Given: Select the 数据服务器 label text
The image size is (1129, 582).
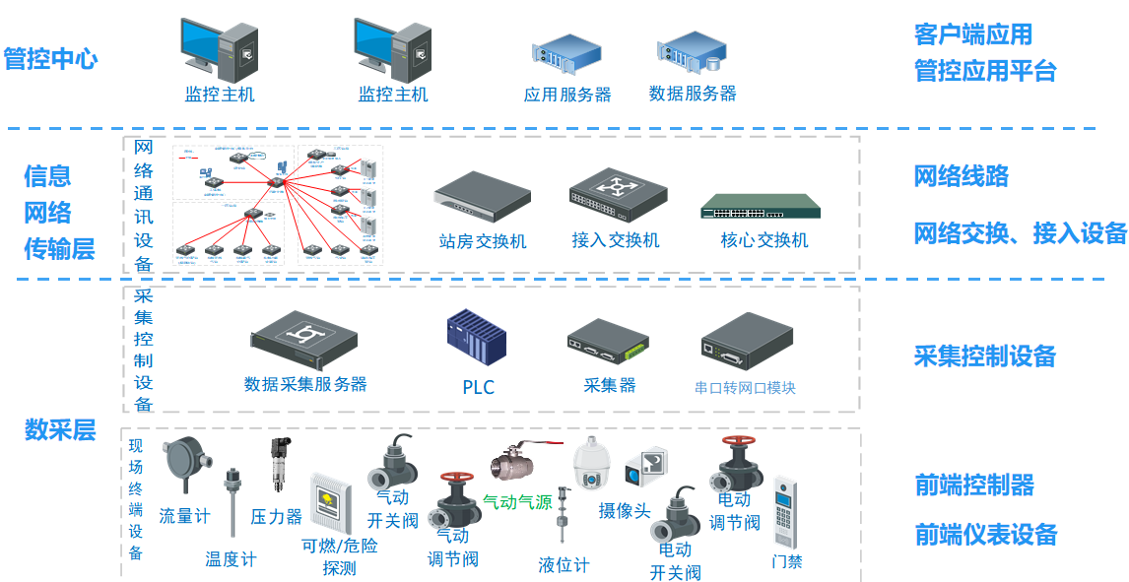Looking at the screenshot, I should click(x=693, y=94).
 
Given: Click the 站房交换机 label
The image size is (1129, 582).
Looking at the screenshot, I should click(x=483, y=240).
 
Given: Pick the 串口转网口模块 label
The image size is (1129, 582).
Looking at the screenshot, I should click(x=745, y=387).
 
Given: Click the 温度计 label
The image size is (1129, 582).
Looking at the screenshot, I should click(x=231, y=559).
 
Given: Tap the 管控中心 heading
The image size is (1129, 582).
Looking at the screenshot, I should click(x=50, y=58).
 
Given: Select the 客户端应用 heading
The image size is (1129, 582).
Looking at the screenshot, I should click(x=972, y=34).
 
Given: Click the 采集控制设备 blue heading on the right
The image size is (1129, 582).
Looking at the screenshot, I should click(x=984, y=356).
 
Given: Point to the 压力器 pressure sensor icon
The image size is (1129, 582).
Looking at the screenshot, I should click(x=279, y=465).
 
